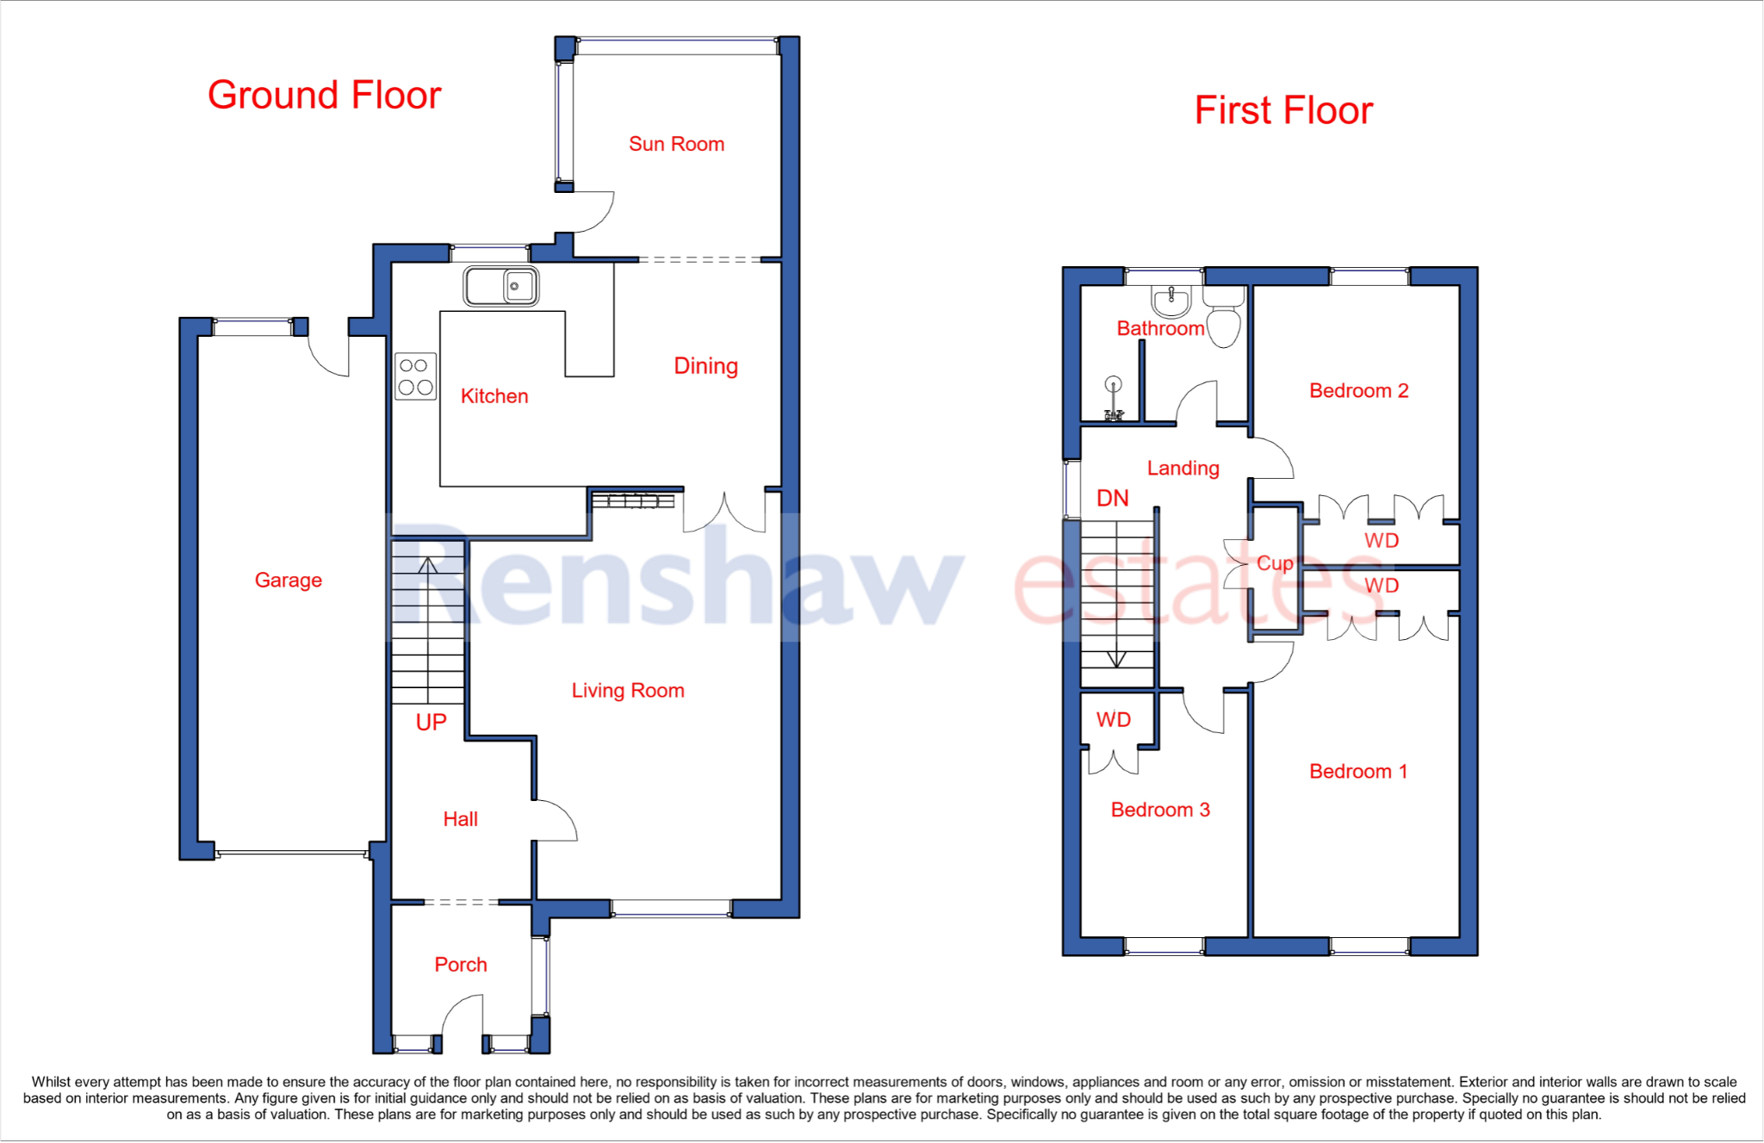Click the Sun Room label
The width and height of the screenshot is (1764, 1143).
(676, 144)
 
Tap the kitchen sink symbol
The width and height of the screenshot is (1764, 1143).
(501, 286)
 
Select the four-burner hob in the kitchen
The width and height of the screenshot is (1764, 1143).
(415, 376)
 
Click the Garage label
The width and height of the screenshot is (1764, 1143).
(288, 580)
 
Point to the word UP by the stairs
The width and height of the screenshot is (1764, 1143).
(431, 722)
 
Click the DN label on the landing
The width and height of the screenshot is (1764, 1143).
(1112, 498)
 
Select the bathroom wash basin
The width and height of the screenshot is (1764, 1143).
(1171, 301)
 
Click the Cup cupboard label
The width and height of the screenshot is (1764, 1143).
(1274, 562)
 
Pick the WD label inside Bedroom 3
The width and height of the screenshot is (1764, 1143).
(1113, 719)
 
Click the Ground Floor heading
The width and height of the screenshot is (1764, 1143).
(324, 95)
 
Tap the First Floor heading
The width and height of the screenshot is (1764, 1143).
(1283, 110)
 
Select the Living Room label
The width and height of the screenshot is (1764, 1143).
(628, 690)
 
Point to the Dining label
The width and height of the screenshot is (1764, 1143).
(705, 365)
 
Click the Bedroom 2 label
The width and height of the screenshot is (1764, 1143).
(1358, 390)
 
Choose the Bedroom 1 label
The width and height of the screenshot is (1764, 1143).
(1358, 771)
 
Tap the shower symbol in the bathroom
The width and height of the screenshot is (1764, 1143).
(1114, 399)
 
